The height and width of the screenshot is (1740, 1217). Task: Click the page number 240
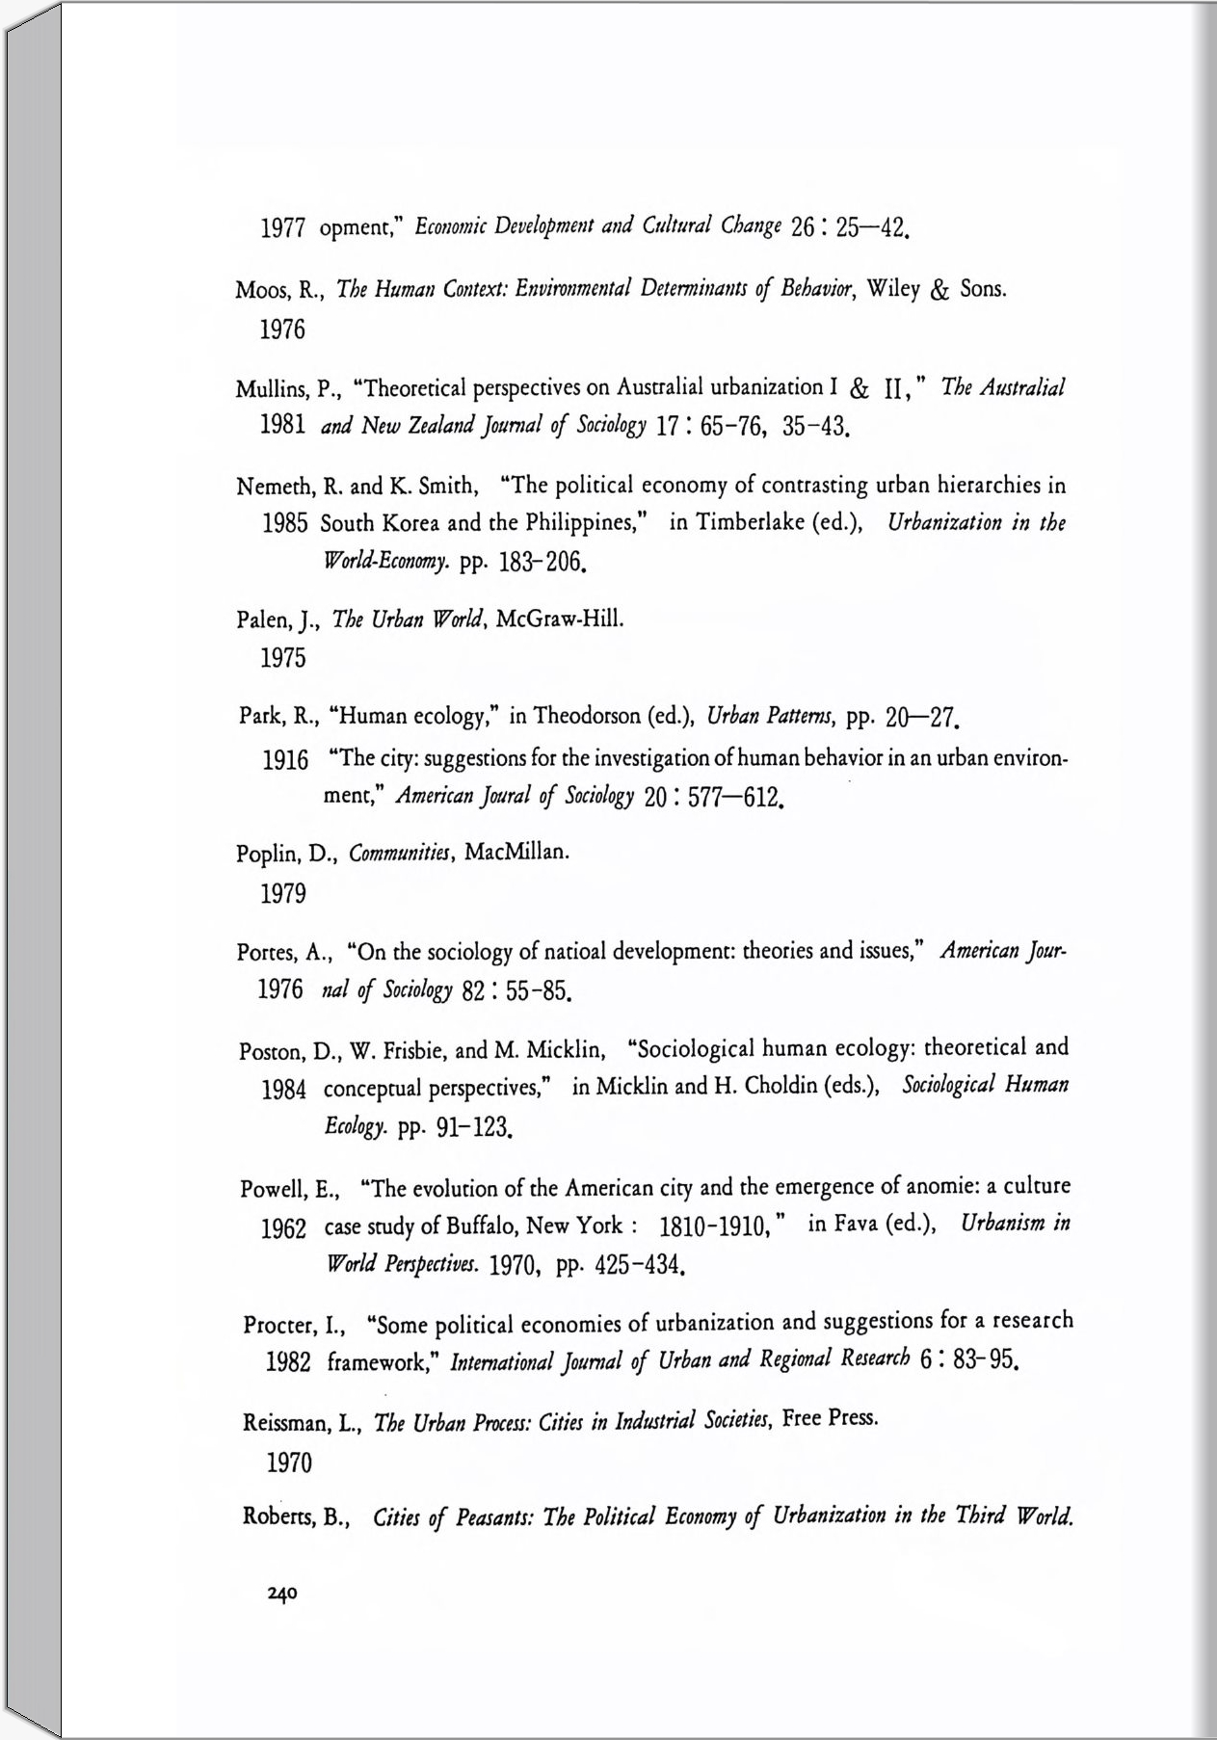point(283,1594)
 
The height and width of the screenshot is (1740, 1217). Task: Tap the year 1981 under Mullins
point(283,426)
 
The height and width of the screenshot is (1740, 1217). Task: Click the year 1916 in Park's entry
point(285,760)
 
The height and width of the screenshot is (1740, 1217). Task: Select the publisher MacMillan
point(516,852)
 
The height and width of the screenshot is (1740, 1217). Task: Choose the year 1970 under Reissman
point(289,1463)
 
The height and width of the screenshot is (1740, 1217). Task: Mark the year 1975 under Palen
point(283,658)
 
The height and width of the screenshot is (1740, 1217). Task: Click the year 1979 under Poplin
point(283,894)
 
